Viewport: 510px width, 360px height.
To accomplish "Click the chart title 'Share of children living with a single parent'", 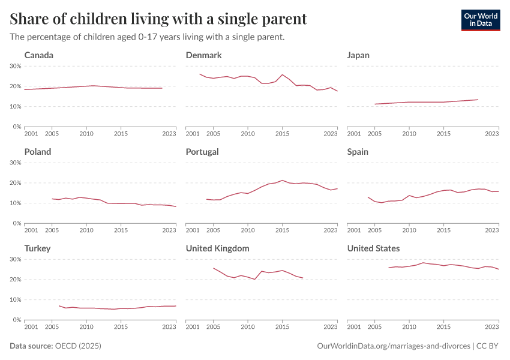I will click(x=158, y=19).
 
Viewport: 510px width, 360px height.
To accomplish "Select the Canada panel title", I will click(x=39, y=55).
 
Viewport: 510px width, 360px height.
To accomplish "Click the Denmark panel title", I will click(x=203, y=55).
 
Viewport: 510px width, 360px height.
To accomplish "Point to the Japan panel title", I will click(x=358, y=55).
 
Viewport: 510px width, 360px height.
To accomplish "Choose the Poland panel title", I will click(x=38, y=152).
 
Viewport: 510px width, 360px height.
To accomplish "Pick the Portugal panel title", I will click(x=202, y=152).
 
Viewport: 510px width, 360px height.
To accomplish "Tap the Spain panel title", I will click(x=358, y=152).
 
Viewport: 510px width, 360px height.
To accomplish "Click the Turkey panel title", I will click(x=37, y=248).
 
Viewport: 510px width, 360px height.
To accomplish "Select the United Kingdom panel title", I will click(x=217, y=248).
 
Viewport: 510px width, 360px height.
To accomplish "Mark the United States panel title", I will click(x=373, y=248).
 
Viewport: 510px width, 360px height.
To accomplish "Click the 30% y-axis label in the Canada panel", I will click(x=15, y=66).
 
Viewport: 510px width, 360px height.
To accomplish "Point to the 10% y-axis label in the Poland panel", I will click(x=15, y=203).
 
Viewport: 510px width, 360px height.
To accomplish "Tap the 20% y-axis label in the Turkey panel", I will click(x=15, y=280).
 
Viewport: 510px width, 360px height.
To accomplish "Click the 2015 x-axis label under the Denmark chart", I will click(x=282, y=133).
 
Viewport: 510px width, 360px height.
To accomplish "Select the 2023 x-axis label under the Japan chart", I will click(x=491, y=133).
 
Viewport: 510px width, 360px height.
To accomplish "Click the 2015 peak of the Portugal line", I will click(x=282, y=180).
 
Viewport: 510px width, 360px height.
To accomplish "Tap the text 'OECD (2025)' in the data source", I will click(x=78, y=346).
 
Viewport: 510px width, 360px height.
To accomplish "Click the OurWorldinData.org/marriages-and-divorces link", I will click(x=393, y=346).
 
